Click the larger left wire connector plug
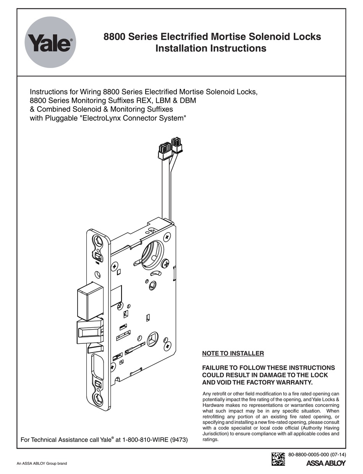pyautogui.click(x=165, y=150)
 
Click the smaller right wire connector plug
pyautogui.click(x=176, y=144)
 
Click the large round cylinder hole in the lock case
pyautogui.click(x=152, y=252)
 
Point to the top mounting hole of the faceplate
pyautogui.click(x=98, y=241)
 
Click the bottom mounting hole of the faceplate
pyautogui.click(x=98, y=398)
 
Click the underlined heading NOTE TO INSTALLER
pyautogui.click(x=233, y=353)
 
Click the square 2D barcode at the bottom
pyautogui.click(x=278, y=458)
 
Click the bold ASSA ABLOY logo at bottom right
pyautogui.click(x=326, y=463)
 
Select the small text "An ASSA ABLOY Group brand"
pyautogui.click(x=42, y=464)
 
